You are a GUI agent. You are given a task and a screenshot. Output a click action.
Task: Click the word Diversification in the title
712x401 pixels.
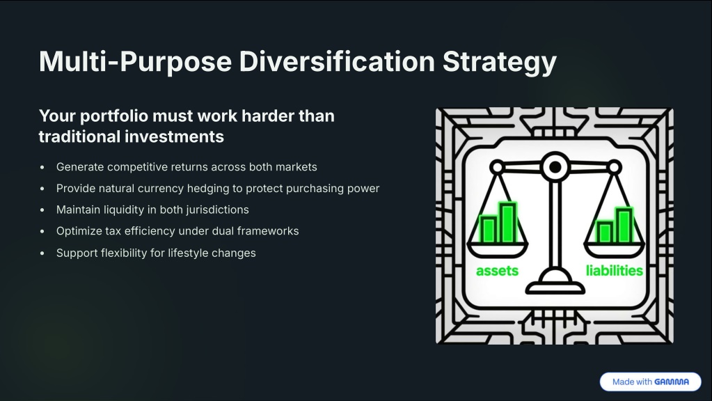point(337,61)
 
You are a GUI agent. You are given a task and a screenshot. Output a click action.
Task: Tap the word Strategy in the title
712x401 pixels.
point(500,62)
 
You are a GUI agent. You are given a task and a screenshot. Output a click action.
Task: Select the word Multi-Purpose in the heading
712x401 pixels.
point(135,62)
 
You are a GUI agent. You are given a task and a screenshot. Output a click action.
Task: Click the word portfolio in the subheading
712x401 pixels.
point(114,116)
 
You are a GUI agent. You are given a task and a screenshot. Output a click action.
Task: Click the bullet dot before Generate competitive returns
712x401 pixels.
point(42,167)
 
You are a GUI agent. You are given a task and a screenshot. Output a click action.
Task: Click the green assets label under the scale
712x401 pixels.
point(497,271)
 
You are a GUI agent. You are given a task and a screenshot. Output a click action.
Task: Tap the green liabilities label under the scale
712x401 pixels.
point(615,271)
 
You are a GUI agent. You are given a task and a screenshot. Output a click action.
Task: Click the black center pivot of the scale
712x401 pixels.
point(555,167)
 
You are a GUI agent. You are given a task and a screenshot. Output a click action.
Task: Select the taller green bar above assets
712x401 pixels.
point(508,223)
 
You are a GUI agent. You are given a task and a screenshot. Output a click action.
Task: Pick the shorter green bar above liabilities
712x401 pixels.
point(605,232)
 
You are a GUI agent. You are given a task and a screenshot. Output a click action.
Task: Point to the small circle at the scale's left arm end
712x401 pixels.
point(497,168)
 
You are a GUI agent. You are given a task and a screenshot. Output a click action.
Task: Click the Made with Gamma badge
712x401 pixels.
point(650,382)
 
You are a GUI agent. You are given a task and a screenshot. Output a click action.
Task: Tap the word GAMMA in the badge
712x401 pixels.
point(672,382)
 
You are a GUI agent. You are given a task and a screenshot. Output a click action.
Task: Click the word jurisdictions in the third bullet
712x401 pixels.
point(218,210)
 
